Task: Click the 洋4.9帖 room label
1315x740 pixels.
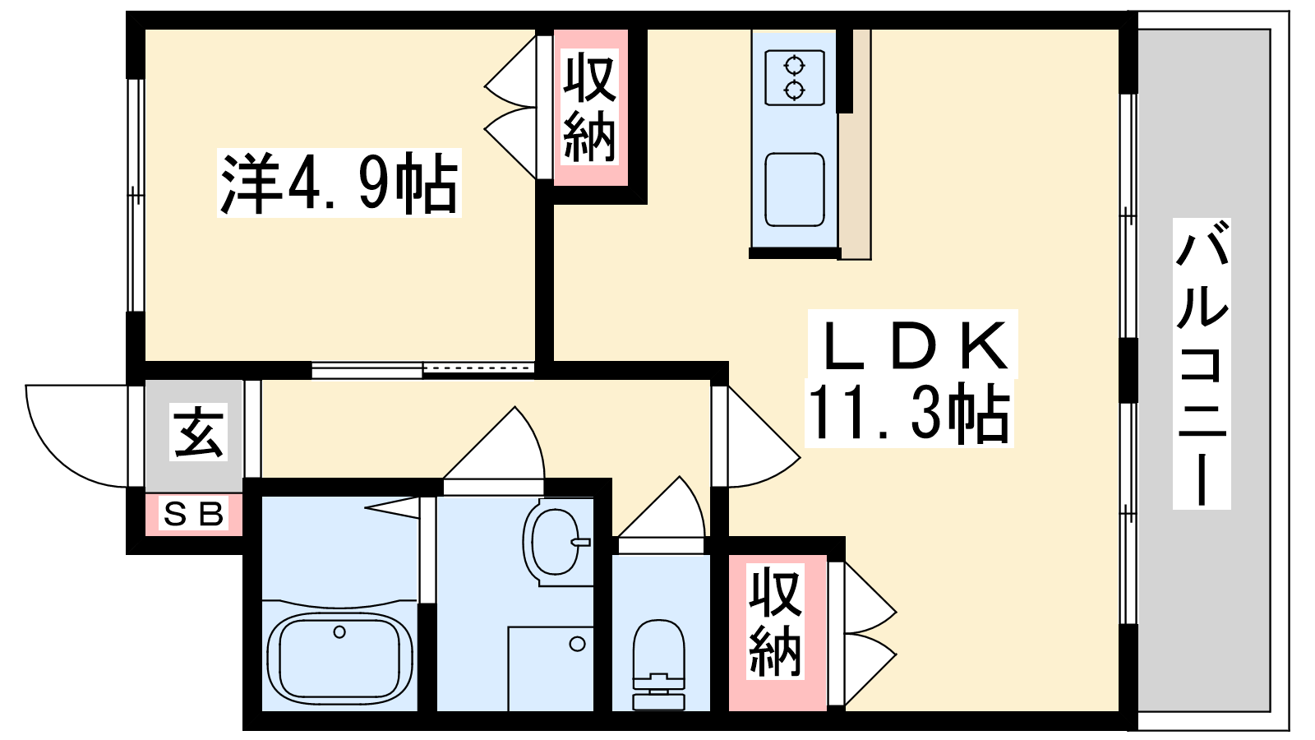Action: point(339,183)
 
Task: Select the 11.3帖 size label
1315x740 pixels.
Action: point(909,414)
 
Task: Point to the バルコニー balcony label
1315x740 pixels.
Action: point(1201,363)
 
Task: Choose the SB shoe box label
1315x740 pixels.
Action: point(193,515)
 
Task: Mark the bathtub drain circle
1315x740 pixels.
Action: point(339,632)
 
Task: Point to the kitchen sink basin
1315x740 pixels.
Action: point(795,189)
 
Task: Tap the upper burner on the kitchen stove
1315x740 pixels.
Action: point(794,66)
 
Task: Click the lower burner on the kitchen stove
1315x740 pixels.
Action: point(794,90)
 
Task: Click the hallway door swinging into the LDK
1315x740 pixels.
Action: point(756,437)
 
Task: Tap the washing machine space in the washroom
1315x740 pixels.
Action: point(551,668)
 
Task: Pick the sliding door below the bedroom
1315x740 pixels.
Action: point(422,370)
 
